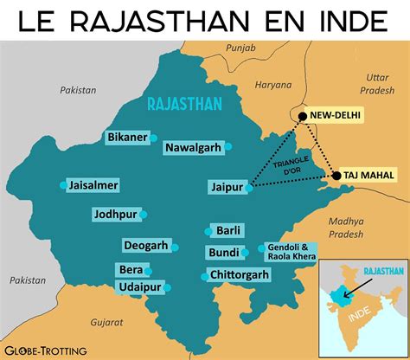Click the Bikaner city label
[x=125, y=138]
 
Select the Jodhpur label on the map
[x=115, y=214]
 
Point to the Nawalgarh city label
[x=194, y=147]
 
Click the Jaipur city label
[x=225, y=186]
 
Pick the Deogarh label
[x=144, y=246]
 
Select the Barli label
[x=229, y=231]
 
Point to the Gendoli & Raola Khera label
[x=291, y=251]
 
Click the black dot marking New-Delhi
[x=302, y=116]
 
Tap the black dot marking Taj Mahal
[x=336, y=176]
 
